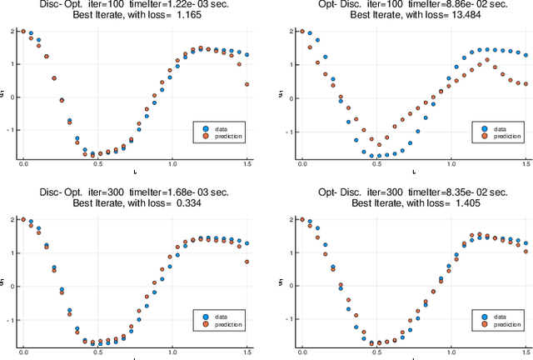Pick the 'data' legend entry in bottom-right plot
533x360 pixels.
point(499,315)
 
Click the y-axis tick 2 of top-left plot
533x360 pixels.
point(12,32)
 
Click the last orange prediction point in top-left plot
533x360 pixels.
point(247,84)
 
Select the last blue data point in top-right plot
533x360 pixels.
point(526,55)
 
